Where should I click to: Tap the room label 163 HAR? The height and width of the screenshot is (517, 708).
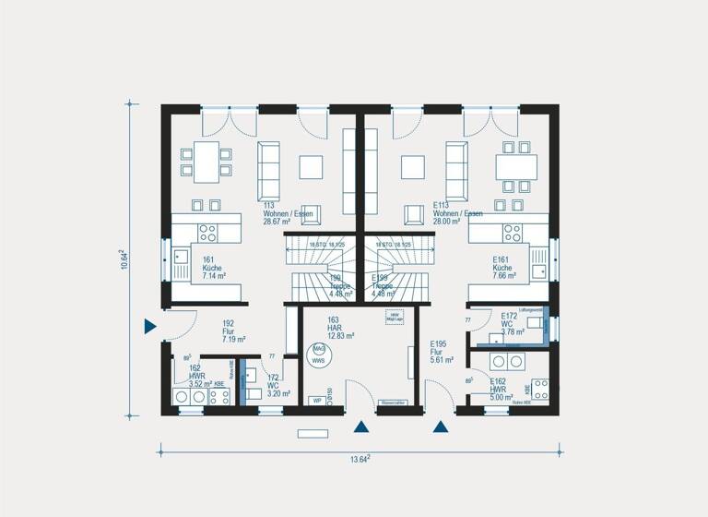340,328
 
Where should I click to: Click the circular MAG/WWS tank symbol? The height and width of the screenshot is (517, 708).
319,355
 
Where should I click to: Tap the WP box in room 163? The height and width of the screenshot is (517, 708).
316,402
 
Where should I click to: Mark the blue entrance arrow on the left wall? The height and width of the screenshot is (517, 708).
149,326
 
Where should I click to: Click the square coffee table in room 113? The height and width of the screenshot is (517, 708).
312,166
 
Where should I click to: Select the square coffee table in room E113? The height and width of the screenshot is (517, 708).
414,166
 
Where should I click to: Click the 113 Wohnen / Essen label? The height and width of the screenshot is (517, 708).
288,213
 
